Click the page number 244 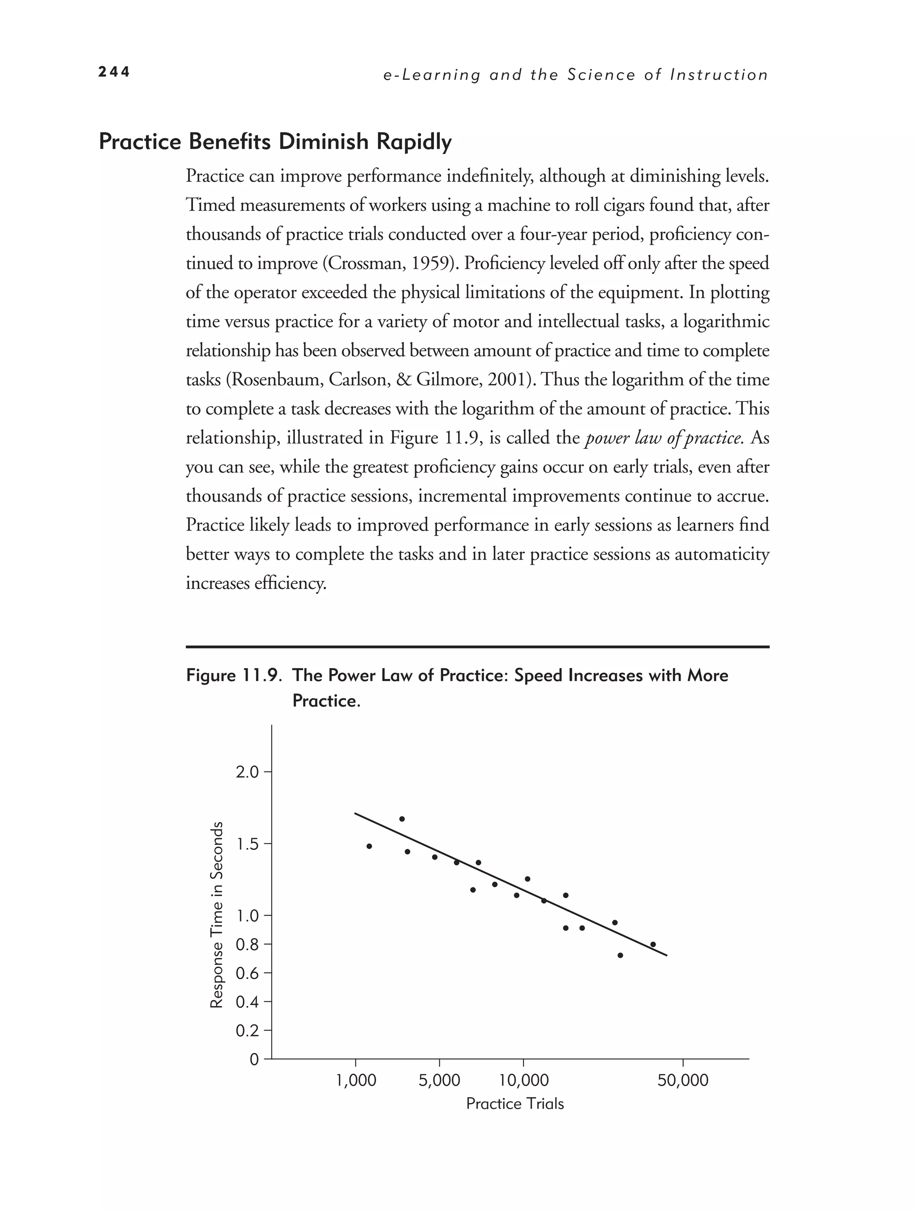pos(114,72)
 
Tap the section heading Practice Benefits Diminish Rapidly pos(275,142)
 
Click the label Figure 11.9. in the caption pos(234,676)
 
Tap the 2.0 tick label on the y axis pos(247,772)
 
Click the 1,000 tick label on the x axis pos(356,1081)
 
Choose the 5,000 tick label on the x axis pos(439,1081)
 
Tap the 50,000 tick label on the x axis pos(683,1081)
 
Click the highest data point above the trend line pos(402,819)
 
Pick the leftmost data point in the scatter pos(369,846)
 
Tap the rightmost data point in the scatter pos(653,944)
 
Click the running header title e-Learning pos(432,75)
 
